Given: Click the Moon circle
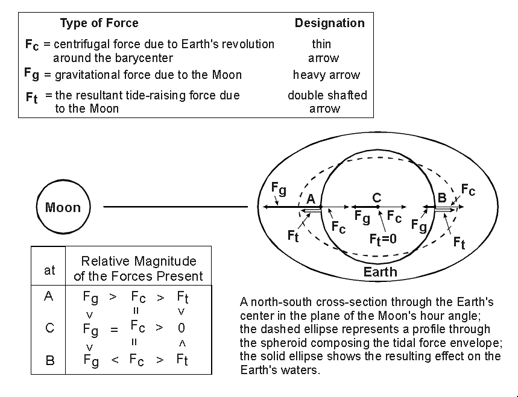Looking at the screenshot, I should click(63, 207).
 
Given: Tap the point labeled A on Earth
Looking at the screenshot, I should click(311, 199).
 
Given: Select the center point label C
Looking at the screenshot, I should click(377, 197).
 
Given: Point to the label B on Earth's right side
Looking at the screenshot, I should click(441, 197).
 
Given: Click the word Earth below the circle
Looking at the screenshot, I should click(380, 272).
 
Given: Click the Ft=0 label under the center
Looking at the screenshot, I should click(383, 239).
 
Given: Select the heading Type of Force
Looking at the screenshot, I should click(99, 23).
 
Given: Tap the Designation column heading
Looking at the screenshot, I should click(329, 23).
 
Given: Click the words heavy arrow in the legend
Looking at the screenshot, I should click(326, 75).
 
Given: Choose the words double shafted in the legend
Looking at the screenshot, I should click(327, 95).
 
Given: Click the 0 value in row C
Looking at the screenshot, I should click(182, 329).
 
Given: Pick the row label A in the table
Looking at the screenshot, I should click(49, 296).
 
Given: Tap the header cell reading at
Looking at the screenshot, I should click(49, 270).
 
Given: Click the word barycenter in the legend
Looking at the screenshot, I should click(143, 58).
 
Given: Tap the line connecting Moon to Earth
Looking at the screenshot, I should click(175, 207).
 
